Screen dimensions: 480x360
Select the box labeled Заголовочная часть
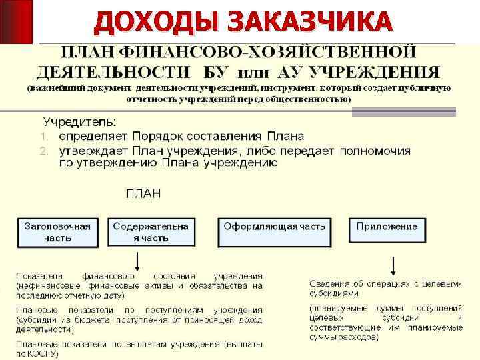click(57, 232)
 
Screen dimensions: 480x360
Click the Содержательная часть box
click(151, 232)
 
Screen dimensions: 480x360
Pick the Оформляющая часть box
click(275, 232)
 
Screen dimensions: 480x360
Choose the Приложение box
click(387, 232)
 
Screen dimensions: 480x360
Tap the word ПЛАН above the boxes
click(143, 194)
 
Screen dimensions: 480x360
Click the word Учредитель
click(79, 122)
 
